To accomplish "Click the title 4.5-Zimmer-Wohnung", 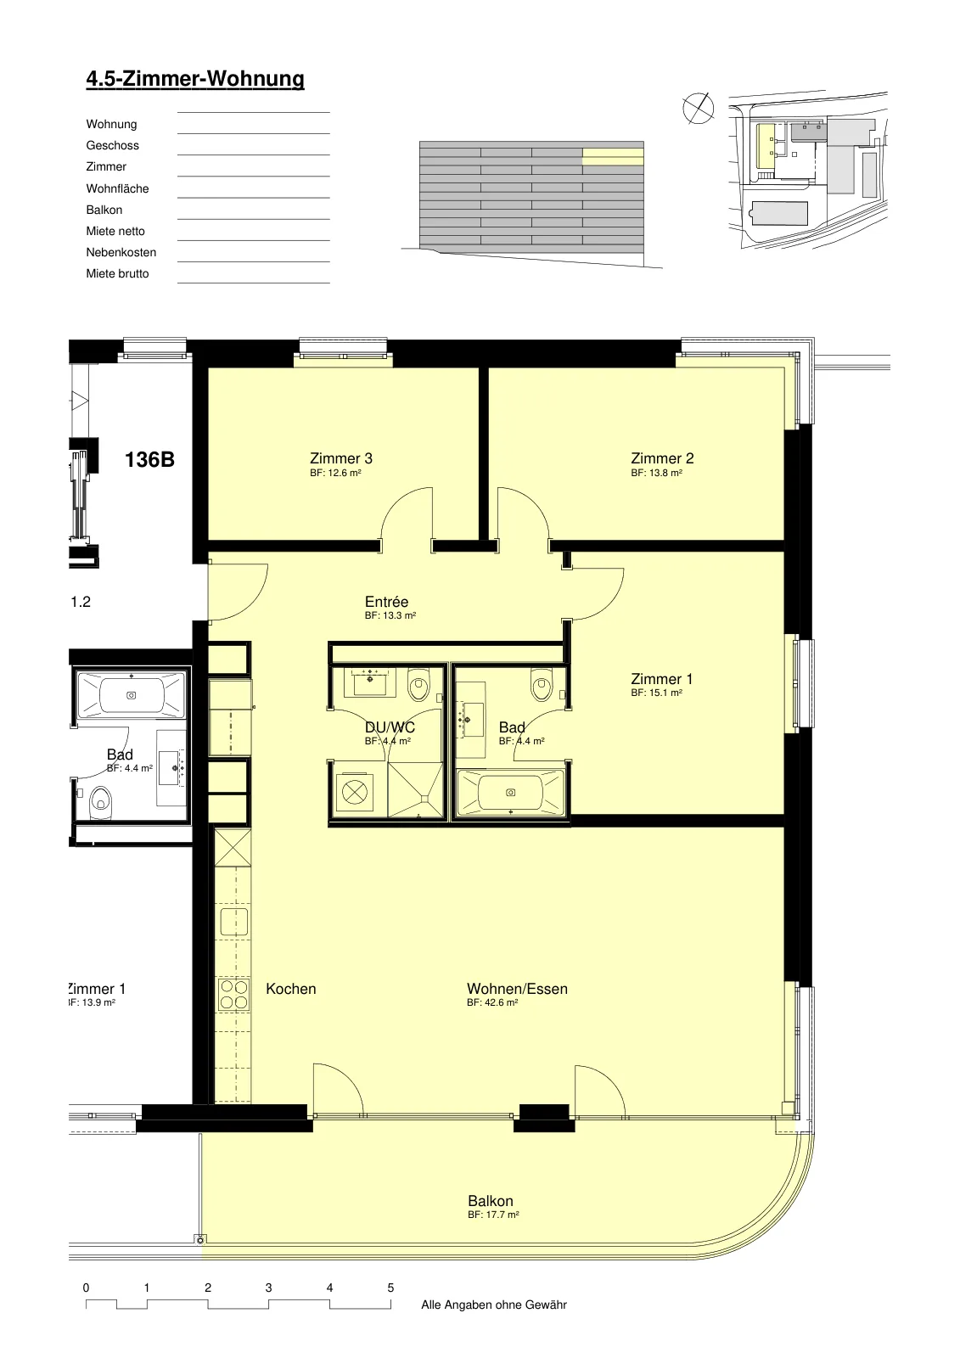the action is tap(195, 80).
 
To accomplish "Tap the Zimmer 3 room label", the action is tap(341, 458).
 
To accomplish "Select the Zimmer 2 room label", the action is tap(662, 458).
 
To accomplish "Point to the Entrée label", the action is tap(386, 602).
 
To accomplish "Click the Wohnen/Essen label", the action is tap(517, 989).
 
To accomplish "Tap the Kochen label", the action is tap(291, 989).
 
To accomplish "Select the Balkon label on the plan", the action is tap(491, 1201).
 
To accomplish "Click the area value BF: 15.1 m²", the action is tap(657, 693).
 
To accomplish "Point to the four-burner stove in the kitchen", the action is tap(233, 995).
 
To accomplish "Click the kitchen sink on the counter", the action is tap(234, 922).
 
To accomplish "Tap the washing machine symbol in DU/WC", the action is tap(355, 792).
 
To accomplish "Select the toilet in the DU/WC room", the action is tap(418, 685).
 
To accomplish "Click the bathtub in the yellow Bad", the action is tap(511, 793).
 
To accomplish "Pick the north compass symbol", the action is tap(698, 109).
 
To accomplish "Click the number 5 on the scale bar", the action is tap(390, 1288).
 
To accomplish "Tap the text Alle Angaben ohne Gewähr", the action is tap(494, 1305).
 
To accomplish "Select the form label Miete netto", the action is tap(115, 231).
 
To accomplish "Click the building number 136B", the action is tap(149, 459).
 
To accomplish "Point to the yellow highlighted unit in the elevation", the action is tap(613, 156).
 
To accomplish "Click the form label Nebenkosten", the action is tap(121, 252).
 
